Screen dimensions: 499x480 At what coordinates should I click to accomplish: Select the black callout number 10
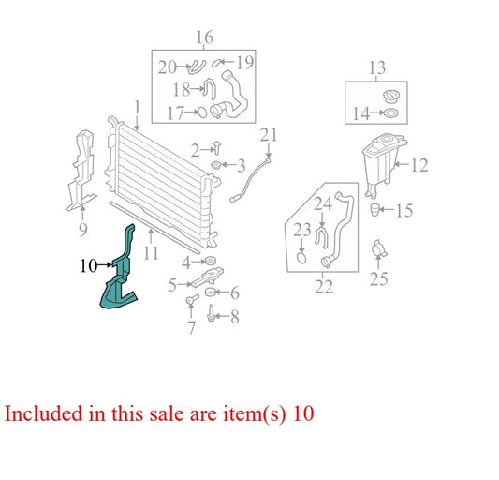click(88, 265)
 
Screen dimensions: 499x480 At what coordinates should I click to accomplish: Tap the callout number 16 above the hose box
click(204, 37)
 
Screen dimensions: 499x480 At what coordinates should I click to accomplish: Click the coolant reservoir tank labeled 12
click(382, 162)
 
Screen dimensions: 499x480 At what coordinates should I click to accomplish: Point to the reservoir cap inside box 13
click(391, 96)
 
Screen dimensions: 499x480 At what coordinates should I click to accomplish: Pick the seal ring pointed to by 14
click(391, 112)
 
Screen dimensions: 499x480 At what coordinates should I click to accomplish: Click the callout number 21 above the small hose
click(269, 135)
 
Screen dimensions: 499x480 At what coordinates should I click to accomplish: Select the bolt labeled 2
click(217, 147)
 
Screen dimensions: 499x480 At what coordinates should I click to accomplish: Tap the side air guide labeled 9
click(81, 170)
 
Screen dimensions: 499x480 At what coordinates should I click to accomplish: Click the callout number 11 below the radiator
click(151, 253)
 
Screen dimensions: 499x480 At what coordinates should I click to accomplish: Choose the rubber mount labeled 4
click(211, 261)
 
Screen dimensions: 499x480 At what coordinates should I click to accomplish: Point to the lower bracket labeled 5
click(207, 277)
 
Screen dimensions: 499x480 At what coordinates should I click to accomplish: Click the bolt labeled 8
click(211, 313)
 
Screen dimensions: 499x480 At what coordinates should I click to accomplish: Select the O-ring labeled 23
click(301, 257)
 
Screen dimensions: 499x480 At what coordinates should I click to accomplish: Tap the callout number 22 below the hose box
click(324, 286)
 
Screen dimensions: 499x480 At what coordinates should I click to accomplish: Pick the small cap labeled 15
click(374, 210)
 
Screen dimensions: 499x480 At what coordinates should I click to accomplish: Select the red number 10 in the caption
click(303, 413)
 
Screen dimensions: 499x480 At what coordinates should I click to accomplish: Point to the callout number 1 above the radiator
click(138, 107)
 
